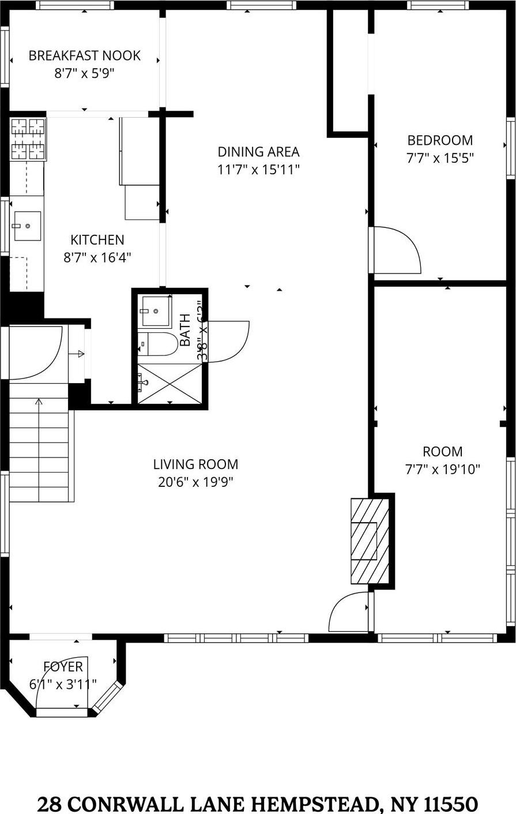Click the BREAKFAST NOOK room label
tap(85, 56)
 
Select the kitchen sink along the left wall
tap(27, 226)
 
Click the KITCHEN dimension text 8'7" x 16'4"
tap(97, 257)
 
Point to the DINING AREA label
tap(258, 152)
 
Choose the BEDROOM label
tap(440, 140)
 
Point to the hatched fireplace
tap(370, 540)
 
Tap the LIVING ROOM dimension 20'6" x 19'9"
tap(195, 482)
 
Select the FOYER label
tap(63, 667)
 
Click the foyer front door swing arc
tap(61, 684)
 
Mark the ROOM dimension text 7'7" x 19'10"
tap(443, 470)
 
